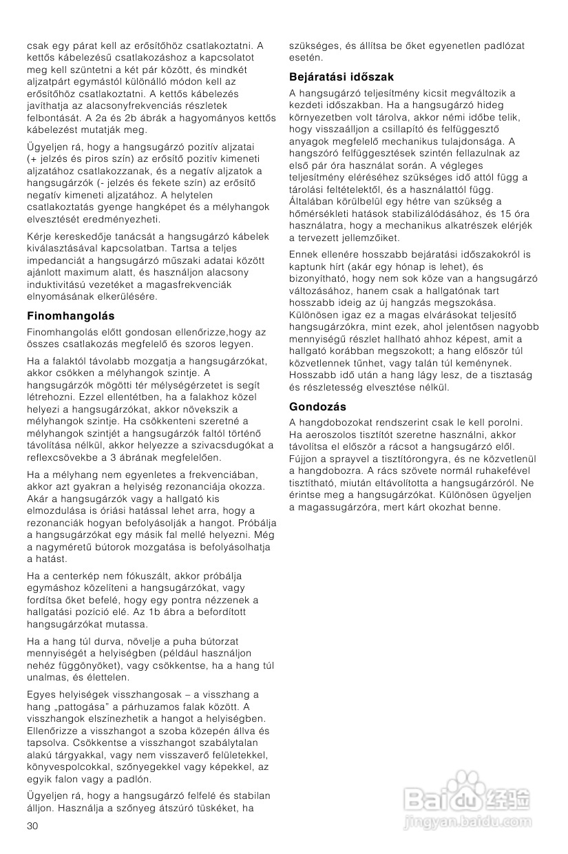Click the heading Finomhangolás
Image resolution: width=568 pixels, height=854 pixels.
tap(70, 316)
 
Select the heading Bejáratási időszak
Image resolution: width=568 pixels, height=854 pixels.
tap(341, 77)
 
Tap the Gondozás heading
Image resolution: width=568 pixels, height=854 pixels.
tap(317, 407)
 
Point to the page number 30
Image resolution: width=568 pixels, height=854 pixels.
tap(32, 826)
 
